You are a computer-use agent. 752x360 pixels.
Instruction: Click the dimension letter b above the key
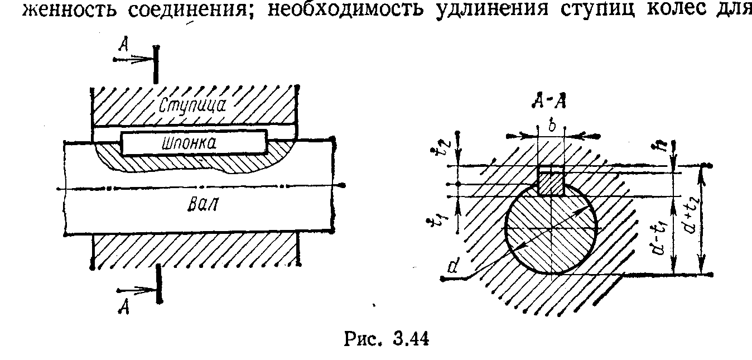[x=551, y=126]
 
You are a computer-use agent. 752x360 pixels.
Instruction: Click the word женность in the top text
[x=67, y=11]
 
